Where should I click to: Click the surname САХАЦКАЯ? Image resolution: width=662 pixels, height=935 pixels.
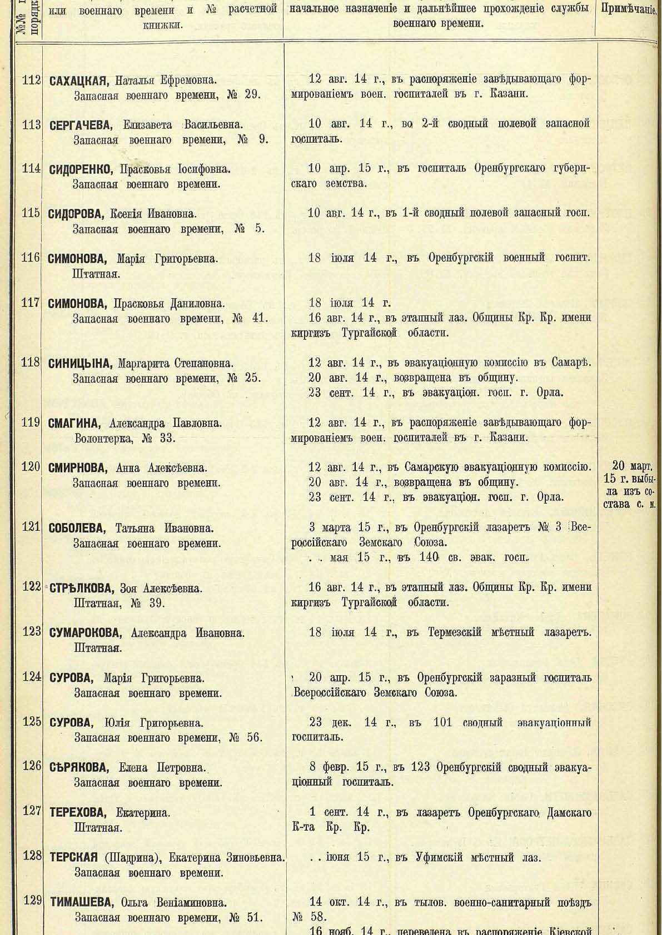click(76, 80)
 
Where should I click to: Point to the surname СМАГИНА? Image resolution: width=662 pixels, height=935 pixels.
click(73, 424)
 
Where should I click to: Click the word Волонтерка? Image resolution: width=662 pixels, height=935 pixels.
click(102, 439)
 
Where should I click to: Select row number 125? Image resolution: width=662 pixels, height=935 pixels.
click(31, 722)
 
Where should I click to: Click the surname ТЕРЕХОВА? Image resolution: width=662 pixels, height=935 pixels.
click(78, 813)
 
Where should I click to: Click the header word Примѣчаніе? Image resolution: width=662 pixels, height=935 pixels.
click(629, 10)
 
